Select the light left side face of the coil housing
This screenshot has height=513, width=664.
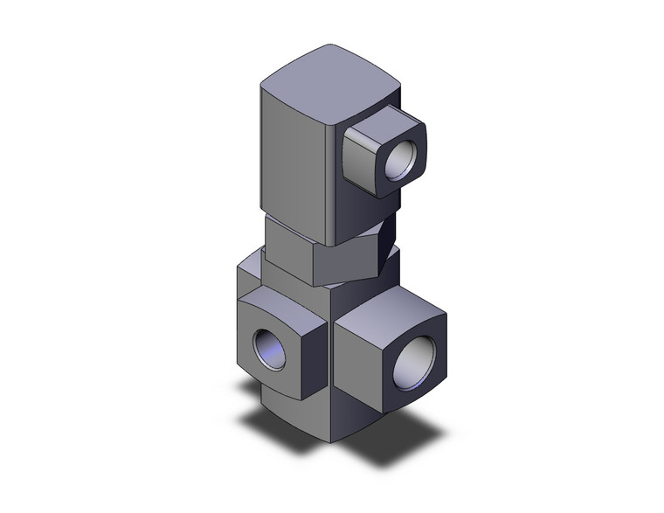[293, 157]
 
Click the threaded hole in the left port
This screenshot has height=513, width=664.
[267, 350]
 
